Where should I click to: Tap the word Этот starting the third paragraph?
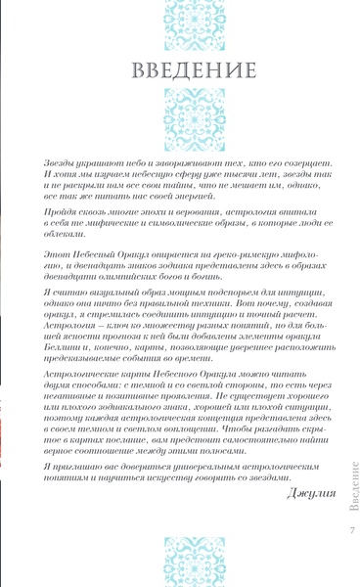point(60,265)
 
